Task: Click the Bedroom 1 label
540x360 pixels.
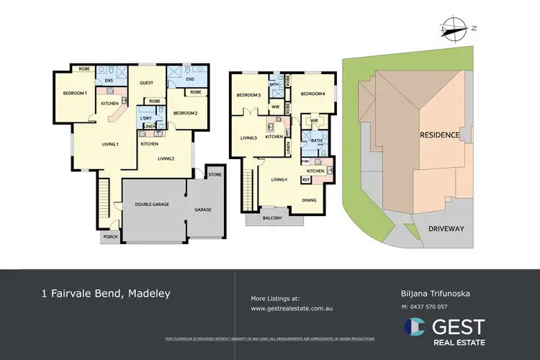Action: click(75, 93)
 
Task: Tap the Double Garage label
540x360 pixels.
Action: click(152, 204)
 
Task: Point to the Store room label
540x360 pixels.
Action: click(215, 175)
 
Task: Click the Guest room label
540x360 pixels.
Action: click(147, 84)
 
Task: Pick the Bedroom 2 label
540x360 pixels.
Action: click(185, 113)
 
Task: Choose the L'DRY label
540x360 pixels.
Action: click(146, 117)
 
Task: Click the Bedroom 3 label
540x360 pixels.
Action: click(248, 95)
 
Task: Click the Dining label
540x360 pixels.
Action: click(309, 200)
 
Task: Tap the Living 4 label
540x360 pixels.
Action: click(279, 179)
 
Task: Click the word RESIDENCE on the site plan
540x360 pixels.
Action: click(441, 135)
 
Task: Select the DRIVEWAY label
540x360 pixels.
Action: click(447, 228)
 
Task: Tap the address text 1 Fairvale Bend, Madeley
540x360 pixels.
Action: click(106, 294)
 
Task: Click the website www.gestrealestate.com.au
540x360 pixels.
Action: click(296, 308)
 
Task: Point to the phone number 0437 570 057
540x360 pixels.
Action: click(434, 307)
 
